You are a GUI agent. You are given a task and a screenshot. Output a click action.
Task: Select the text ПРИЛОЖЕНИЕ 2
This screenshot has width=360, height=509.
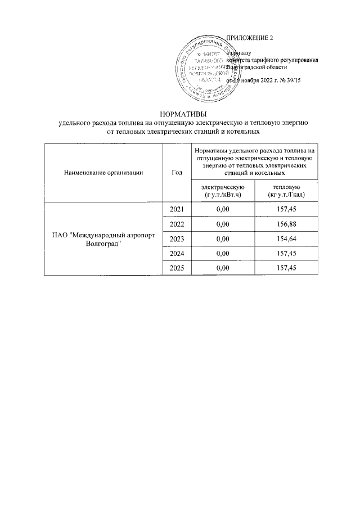(249, 38)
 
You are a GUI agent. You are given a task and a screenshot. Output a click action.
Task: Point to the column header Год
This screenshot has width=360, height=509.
(177, 173)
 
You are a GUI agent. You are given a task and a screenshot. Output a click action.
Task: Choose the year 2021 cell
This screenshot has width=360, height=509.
(177, 209)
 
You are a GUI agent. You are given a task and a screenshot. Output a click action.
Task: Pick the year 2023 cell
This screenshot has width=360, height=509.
(177, 238)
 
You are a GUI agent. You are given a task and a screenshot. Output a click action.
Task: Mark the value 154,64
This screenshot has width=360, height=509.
(286, 238)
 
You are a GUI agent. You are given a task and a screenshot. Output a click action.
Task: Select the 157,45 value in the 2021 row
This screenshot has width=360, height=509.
(286, 209)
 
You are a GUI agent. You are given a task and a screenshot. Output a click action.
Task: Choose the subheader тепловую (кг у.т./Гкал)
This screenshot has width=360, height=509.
(286, 190)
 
